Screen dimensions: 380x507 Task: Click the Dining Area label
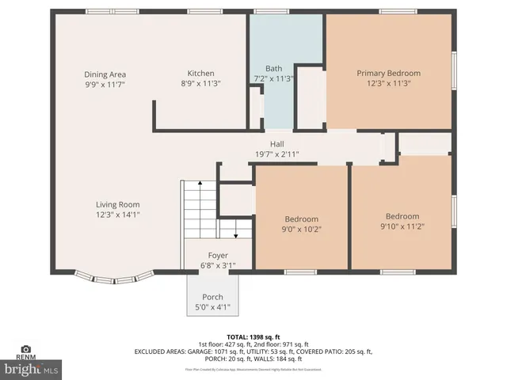[x=105, y=74]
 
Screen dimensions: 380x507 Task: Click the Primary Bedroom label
[x=388, y=73]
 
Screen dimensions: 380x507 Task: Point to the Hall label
[x=276, y=144]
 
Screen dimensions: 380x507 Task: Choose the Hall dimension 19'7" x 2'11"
[x=276, y=154]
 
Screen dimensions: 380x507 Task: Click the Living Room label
[x=118, y=204]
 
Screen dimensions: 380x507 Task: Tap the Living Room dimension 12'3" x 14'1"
[x=118, y=214]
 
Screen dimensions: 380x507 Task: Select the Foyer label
[x=218, y=256]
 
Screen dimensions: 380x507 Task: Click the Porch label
[x=212, y=297]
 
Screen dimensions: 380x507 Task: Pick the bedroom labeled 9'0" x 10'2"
[x=301, y=229]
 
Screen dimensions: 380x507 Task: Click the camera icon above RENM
[x=26, y=349]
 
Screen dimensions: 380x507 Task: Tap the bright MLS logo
[x=32, y=369]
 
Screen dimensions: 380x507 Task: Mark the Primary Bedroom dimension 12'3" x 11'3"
[x=388, y=83]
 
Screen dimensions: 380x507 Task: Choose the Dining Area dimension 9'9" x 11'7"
[x=105, y=83]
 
